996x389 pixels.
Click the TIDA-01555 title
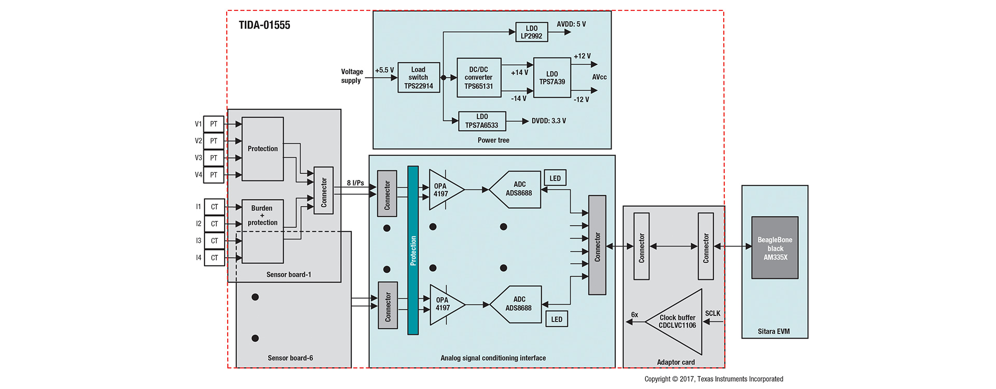click(264, 25)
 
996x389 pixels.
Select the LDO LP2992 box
click(531, 32)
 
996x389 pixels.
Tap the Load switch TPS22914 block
click(418, 78)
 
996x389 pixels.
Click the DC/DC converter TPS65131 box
click(478, 78)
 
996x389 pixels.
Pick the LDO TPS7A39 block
click(552, 78)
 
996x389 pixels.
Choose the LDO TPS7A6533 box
click(482, 121)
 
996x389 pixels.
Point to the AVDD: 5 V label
click(571, 24)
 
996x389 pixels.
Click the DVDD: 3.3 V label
click(548, 121)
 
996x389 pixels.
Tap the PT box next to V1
click(214, 124)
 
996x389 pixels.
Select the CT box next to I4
click(214, 258)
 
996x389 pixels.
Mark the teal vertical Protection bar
click(413, 250)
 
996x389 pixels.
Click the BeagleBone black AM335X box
click(775, 248)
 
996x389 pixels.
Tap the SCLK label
click(712, 313)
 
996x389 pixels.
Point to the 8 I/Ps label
click(355, 183)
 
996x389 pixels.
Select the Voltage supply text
click(352, 76)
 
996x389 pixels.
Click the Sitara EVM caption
click(773, 331)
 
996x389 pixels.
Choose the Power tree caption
click(493, 140)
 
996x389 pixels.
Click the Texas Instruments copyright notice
click(713, 379)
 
